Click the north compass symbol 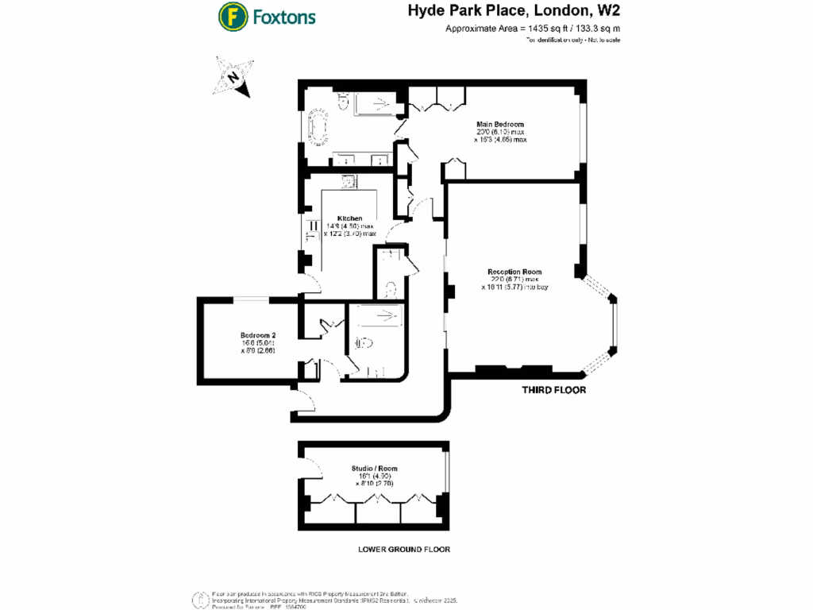click(233, 77)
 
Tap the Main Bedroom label click(500, 124)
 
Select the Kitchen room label click(349, 218)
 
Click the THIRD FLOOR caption click(553, 390)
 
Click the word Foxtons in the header click(284, 17)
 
